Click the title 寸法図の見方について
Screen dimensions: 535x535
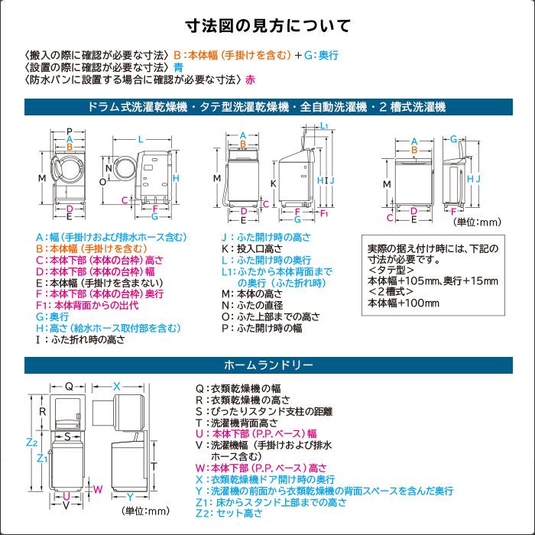pyautogui.click(x=267, y=26)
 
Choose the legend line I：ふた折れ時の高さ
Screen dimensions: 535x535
pyautogui.click(x=79, y=339)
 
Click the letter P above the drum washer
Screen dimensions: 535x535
pyautogui.click(x=70, y=131)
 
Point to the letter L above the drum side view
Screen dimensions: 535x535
pyautogui.click(x=141, y=139)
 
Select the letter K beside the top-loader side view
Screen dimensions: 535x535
pyautogui.click(x=273, y=183)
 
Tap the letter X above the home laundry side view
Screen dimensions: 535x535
pyautogui.click(x=117, y=387)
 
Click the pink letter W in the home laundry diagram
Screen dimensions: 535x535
pyautogui.click(x=97, y=488)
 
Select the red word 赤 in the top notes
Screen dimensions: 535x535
pyautogui.click(x=251, y=79)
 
